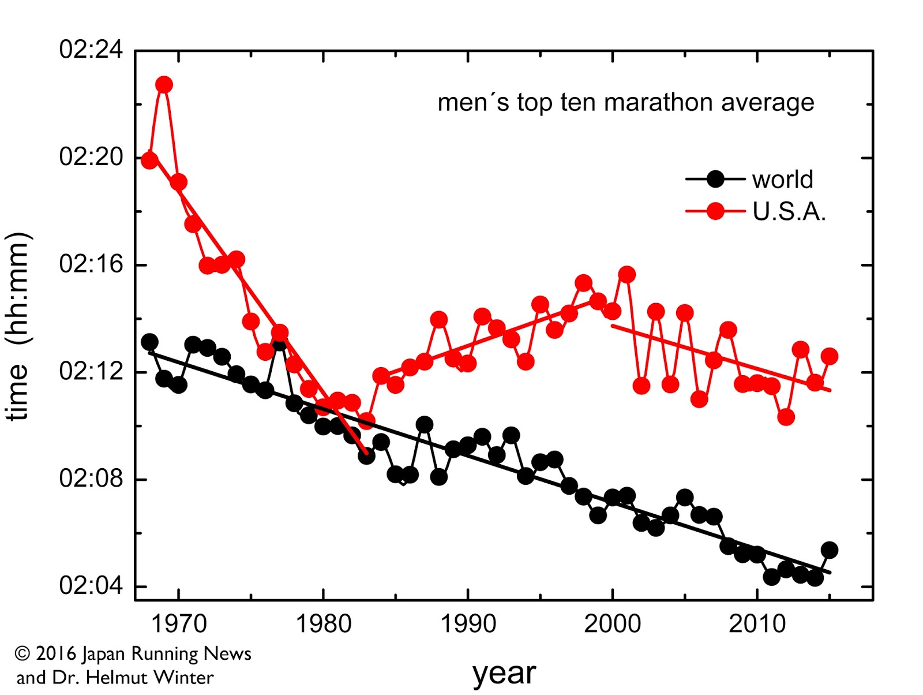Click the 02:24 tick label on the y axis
pos(91,50)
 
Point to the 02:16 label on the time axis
pos(91,264)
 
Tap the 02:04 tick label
pos(91,586)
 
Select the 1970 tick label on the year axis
pos(178,624)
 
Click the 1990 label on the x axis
pos(468,624)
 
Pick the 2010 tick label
pos(757,624)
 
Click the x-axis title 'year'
pos(504,673)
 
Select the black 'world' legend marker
pos(715,180)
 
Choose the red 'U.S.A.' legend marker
pos(715,211)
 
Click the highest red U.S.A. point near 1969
pos(164,85)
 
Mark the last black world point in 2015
pos(830,550)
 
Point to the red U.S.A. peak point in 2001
pos(627,275)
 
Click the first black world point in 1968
pos(150,342)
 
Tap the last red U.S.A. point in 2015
pos(830,356)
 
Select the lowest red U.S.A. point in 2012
pos(786,417)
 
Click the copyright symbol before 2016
pos(22,653)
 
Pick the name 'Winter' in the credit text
pos(185,677)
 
